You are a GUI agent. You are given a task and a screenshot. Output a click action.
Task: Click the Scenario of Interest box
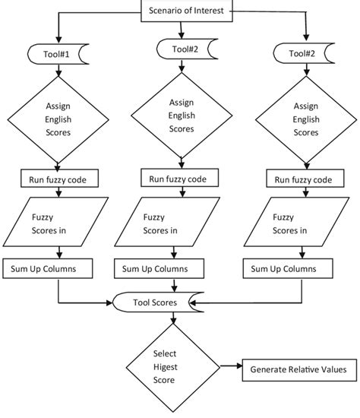point(185,11)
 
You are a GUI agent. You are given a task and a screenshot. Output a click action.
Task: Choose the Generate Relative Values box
point(298,370)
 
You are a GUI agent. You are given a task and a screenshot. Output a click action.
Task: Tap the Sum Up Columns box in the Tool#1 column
point(50,268)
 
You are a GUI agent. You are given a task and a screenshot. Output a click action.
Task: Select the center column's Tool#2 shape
point(182,50)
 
